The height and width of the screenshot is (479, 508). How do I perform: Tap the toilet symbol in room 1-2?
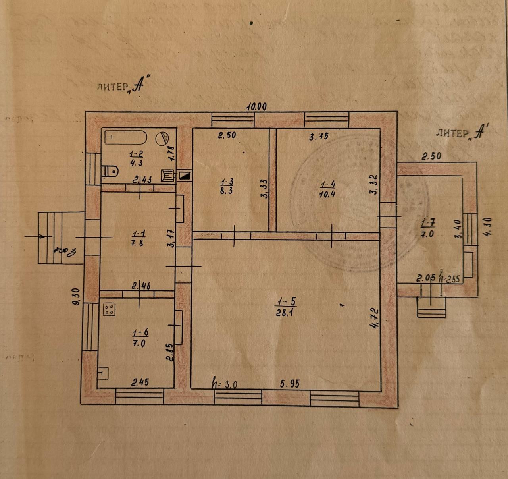click(110, 171)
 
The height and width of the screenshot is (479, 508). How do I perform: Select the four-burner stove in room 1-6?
click(110, 309)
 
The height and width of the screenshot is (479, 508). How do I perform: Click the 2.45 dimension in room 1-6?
click(140, 383)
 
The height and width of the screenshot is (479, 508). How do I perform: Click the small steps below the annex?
click(431, 308)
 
